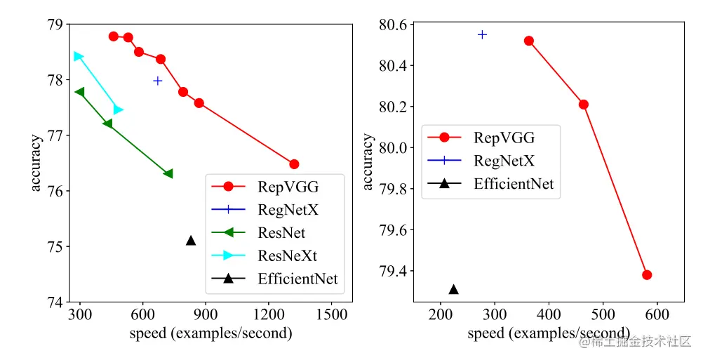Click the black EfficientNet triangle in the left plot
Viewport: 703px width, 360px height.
pos(191,241)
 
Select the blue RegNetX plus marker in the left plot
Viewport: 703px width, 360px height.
pos(158,81)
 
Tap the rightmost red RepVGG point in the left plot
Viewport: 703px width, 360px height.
pos(294,164)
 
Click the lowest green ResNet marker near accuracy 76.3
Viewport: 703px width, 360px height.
pos(168,173)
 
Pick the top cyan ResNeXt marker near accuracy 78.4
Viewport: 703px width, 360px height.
pos(78,56)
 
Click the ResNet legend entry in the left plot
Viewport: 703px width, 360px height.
pos(281,232)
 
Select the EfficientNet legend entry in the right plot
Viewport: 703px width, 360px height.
pos(514,184)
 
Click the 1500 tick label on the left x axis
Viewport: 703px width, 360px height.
pos(332,315)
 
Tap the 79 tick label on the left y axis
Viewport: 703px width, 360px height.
pos(54,25)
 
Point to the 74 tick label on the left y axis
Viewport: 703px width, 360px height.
pos(54,302)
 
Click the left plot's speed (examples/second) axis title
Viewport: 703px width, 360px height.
pos(210,333)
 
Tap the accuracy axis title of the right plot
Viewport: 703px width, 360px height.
pos(368,161)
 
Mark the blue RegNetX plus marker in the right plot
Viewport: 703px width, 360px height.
pos(482,34)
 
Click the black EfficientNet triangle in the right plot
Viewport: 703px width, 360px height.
pos(453,289)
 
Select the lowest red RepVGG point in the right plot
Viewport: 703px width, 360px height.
pos(647,274)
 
